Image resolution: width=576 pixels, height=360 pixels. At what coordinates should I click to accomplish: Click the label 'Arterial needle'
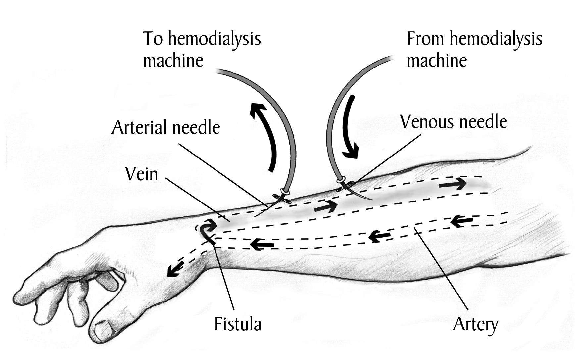(166, 127)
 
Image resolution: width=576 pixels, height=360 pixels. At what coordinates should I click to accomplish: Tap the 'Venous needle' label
(453, 122)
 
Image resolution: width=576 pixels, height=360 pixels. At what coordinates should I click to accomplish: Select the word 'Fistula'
(238, 324)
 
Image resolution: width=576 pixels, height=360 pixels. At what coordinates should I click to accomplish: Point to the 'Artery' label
(475, 325)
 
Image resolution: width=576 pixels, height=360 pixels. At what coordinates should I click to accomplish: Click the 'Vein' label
(142, 174)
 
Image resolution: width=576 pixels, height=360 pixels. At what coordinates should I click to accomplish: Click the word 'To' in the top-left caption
(153, 39)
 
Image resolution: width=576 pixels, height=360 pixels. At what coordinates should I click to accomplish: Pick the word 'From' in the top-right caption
(425, 39)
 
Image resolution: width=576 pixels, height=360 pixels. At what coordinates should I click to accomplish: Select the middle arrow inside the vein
(325, 207)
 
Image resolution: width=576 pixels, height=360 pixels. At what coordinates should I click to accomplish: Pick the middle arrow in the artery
(379, 236)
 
